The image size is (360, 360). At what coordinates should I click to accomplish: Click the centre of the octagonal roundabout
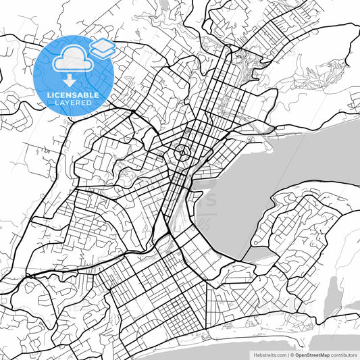coord(182,153)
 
